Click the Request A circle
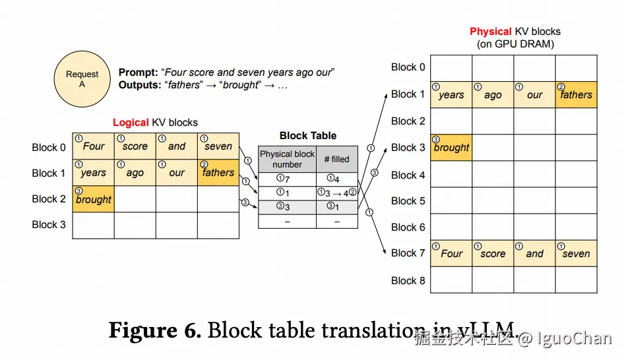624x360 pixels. [82, 80]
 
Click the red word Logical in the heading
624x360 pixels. [131, 123]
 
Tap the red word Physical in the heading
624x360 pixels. [490, 32]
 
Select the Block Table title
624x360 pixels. [308, 136]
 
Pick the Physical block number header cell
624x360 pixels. [287, 159]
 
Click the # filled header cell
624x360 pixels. [336, 159]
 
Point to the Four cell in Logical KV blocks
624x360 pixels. [93, 146]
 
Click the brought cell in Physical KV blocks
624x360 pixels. [451, 148]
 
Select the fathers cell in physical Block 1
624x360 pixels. [576, 94]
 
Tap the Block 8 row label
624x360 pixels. [408, 280]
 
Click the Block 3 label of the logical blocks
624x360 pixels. [49, 225]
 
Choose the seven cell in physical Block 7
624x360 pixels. [576, 253]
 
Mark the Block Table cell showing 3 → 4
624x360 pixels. [336, 193]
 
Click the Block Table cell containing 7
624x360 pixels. [287, 179]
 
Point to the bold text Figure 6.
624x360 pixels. [154, 330]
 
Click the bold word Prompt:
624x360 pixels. [139, 73]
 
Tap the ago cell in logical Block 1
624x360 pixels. [135, 173]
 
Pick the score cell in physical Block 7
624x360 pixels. [493, 253]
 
